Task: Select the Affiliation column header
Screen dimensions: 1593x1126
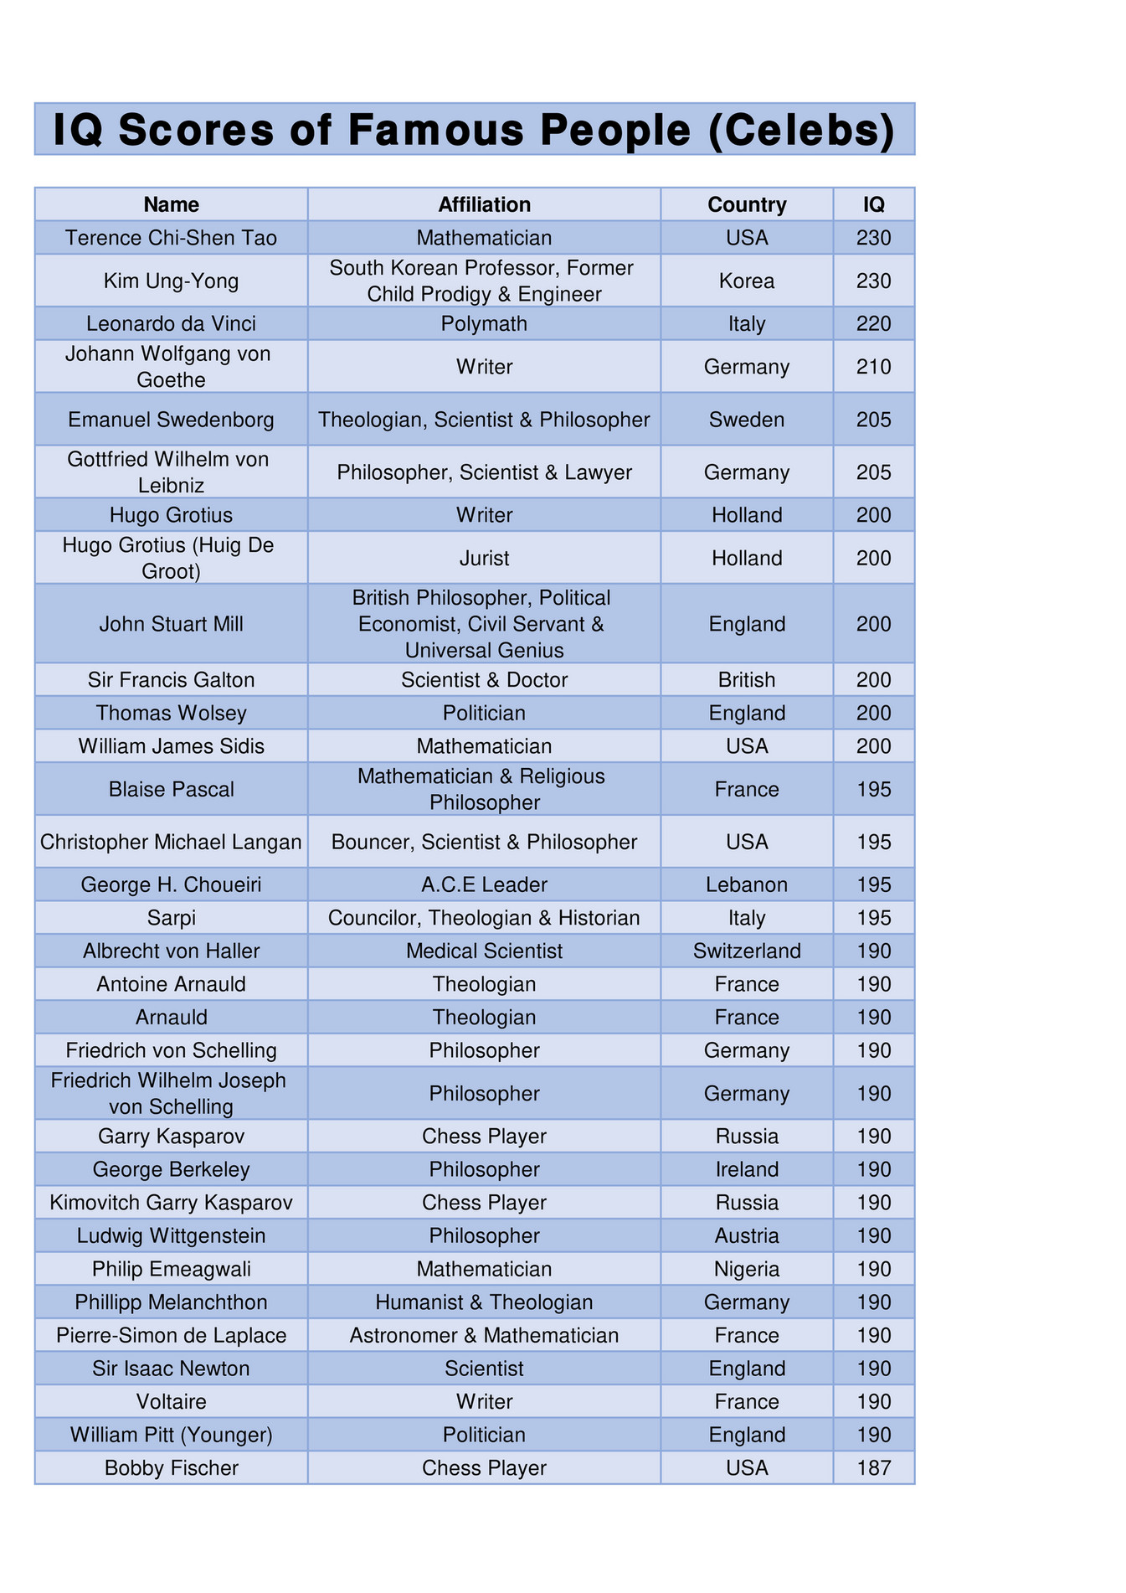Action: [484, 204]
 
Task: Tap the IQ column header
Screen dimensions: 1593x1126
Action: [874, 204]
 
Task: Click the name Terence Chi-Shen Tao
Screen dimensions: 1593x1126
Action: [171, 238]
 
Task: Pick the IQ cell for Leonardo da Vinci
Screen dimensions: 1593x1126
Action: [874, 323]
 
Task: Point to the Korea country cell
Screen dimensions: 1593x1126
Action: [747, 281]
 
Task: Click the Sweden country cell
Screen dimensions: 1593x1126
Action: [747, 420]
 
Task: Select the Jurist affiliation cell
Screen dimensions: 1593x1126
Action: [484, 558]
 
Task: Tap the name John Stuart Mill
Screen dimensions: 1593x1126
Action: [171, 624]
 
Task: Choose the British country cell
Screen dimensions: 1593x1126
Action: [747, 680]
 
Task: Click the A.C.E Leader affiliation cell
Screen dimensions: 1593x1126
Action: [484, 884]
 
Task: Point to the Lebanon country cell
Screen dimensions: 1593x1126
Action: [747, 884]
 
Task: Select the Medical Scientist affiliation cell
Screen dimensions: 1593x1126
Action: [484, 951]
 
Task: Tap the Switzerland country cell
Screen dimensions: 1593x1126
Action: [747, 951]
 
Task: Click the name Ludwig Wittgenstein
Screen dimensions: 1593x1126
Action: [171, 1235]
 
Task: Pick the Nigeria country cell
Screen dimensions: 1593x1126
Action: [747, 1269]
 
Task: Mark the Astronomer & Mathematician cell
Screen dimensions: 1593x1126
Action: [484, 1335]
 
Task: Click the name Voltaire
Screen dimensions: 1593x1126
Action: [171, 1401]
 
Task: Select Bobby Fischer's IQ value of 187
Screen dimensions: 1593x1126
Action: [874, 1467]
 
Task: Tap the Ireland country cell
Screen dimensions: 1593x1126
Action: [747, 1169]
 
